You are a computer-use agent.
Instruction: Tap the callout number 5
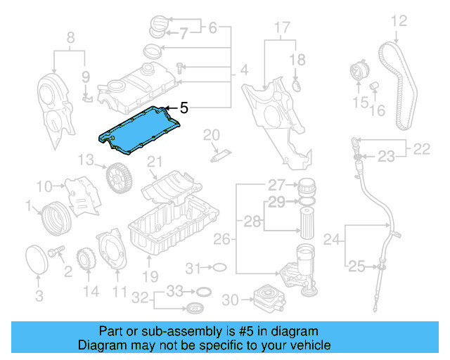[184, 108]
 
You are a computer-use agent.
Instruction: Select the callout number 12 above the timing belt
[399, 21]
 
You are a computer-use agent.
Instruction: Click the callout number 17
[281, 28]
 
